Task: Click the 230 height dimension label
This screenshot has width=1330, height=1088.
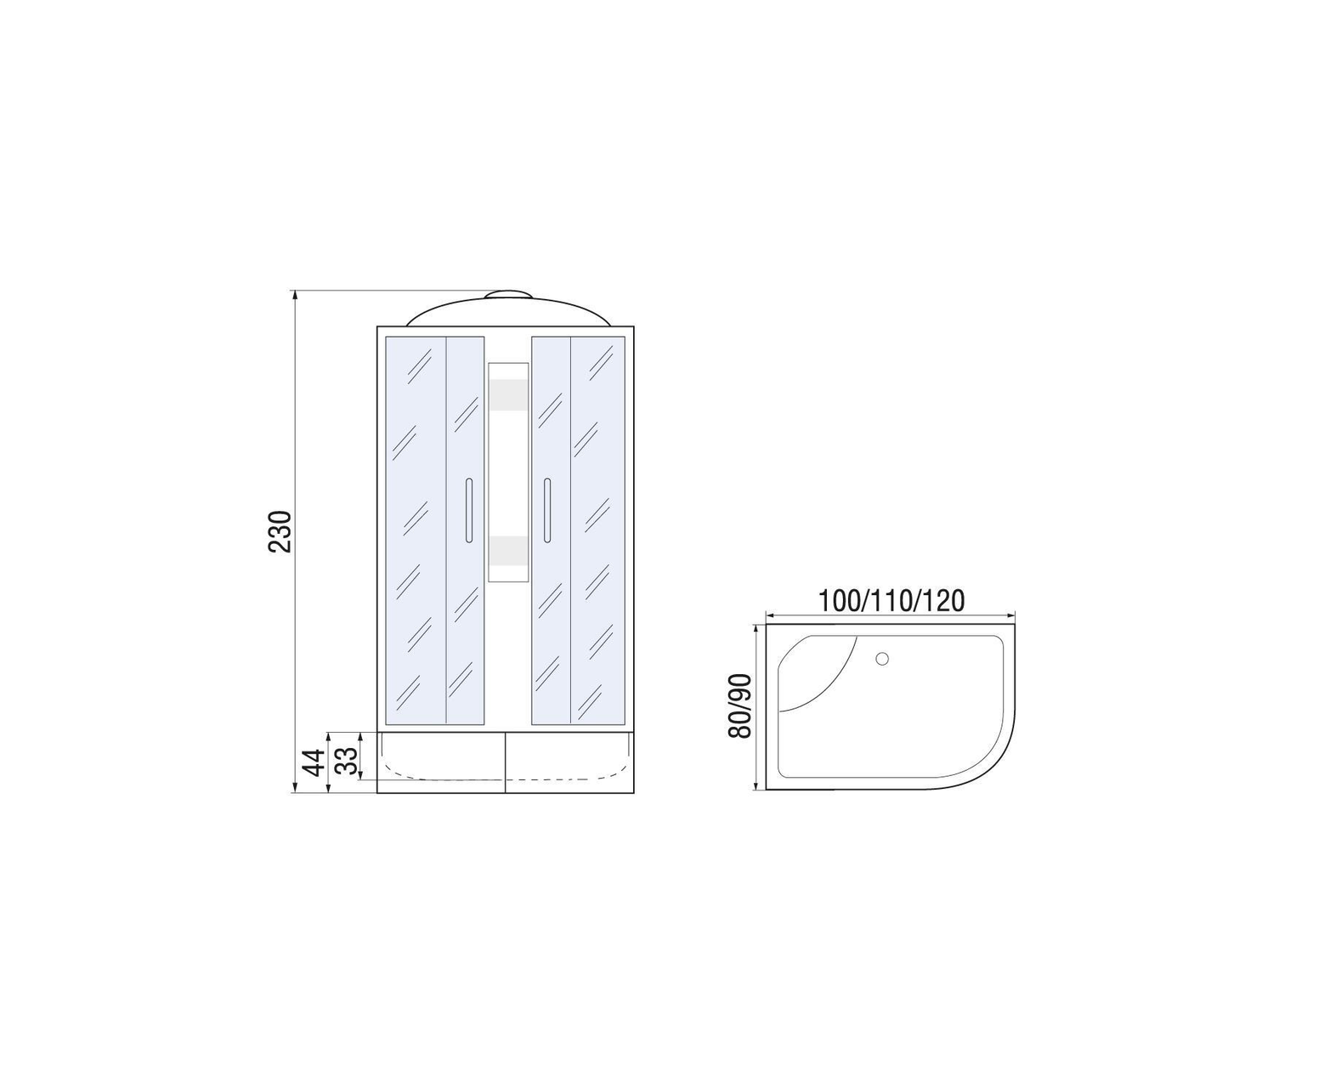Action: [280, 532]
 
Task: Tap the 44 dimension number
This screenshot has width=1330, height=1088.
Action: [314, 762]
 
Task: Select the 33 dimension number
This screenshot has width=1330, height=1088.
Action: [346, 761]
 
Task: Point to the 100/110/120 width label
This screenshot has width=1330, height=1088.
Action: [891, 600]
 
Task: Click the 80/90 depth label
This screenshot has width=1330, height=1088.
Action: [739, 705]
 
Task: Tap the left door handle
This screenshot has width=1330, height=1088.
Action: [468, 510]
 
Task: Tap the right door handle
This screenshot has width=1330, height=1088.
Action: [546, 510]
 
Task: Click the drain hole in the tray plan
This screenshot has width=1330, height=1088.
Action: [882, 659]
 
